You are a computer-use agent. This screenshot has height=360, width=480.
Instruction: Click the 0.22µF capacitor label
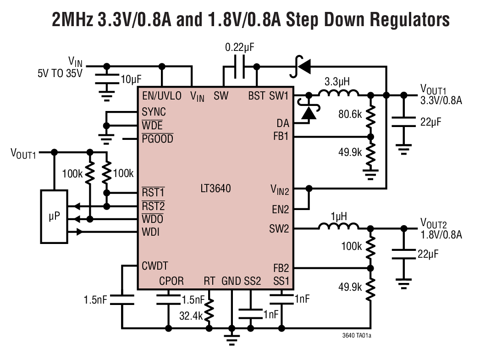click(239, 48)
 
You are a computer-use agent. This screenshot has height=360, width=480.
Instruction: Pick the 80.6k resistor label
click(350, 114)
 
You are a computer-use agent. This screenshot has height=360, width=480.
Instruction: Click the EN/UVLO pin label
click(162, 96)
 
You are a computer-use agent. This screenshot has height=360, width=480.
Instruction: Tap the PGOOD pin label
click(157, 138)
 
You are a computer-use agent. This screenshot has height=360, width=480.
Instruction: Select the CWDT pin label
click(155, 266)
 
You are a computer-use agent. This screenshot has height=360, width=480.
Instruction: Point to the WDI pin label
click(150, 232)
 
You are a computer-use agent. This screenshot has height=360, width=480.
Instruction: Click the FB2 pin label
click(281, 268)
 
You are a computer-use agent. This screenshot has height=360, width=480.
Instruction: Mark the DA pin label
click(283, 123)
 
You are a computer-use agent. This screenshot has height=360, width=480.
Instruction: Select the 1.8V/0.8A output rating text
click(441, 235)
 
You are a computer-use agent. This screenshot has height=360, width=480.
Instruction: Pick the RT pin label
click(209, 281)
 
